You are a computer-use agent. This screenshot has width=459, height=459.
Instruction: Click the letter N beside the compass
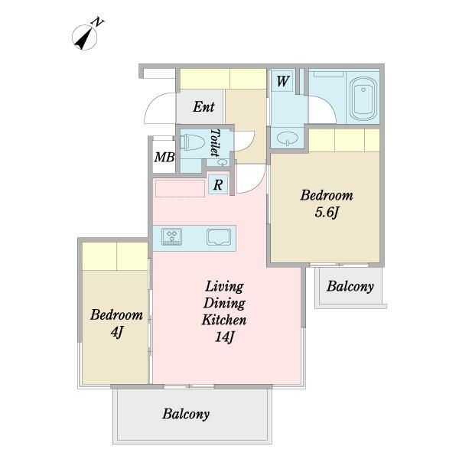[x=98, y=22]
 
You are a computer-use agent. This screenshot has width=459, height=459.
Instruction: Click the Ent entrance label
[x=203, y=106]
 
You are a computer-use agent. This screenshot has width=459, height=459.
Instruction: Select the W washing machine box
[x=282, y=81]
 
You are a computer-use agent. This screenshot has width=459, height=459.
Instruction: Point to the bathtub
[x=363, y=99]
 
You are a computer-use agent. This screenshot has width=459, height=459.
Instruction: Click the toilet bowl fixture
[x=190, y=142]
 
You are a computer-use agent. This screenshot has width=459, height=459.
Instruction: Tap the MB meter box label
[x=164, y=157]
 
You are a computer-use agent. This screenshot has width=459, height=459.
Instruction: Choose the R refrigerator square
[x=218, y=184]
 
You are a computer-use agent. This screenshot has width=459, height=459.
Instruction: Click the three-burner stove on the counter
[x=171, y=236]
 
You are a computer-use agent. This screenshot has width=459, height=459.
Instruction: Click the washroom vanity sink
[x=287, y=138]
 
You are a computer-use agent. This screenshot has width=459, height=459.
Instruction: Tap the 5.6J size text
[x=327, y=212]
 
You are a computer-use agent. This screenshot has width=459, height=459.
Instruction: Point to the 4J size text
[x=116, y=332]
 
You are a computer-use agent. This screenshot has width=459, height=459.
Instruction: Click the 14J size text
[x=224, y=337]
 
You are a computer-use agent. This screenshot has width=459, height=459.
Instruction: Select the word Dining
[x=224, y=303]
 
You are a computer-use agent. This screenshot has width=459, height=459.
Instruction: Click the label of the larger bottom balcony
[x=186, y=414]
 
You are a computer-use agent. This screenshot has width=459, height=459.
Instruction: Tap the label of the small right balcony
[x=350, y=286]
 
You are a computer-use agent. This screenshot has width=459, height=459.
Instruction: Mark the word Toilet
[x=216, y=142]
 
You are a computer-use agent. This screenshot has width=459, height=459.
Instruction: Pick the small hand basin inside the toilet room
[x=222, y=162]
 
